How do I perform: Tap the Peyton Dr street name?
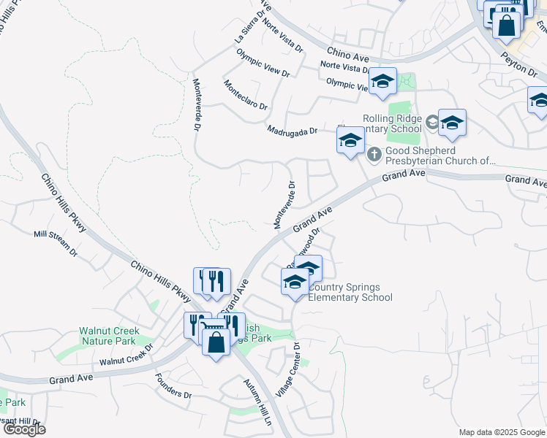519,65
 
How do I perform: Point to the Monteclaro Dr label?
246,96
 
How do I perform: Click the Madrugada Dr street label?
292,131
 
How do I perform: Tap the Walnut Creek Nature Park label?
107,336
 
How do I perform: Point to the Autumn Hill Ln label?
257,404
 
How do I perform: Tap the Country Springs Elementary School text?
350,292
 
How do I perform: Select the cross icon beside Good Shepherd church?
373,153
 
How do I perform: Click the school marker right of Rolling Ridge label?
452,124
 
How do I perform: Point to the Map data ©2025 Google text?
501,432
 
